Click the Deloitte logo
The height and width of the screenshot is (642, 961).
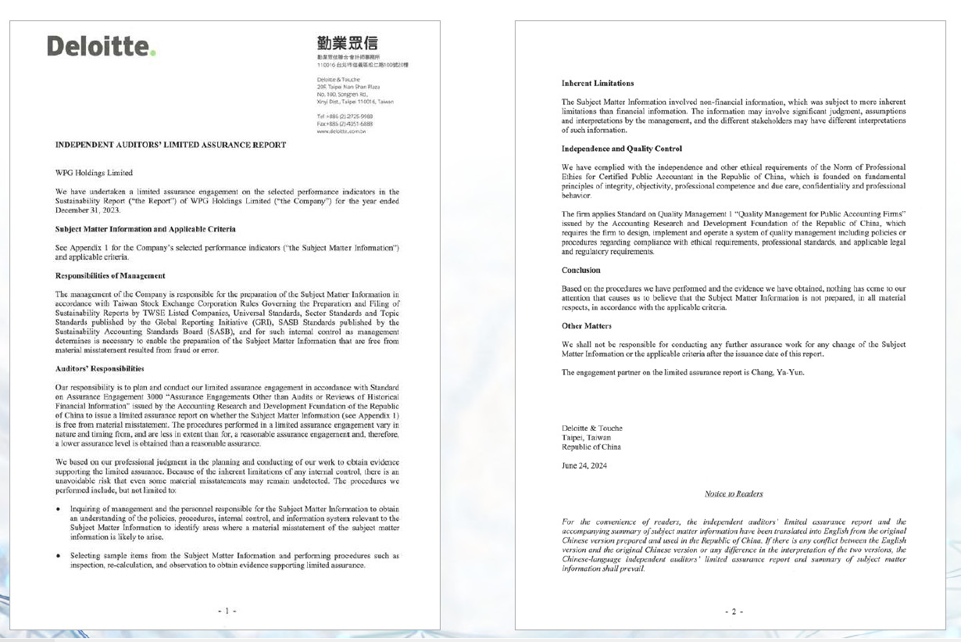(x=102, y=46)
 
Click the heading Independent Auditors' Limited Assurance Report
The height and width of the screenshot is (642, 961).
(x=170, y=145)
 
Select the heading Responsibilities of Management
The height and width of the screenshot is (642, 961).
(x=110, y=275)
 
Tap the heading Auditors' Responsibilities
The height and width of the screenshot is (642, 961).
(x=99, y=368)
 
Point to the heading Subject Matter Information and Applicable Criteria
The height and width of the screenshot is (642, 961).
(x=145, y=229)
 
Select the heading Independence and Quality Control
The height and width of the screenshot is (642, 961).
(x=622, y=149)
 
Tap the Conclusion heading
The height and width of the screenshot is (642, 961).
(x=581, y=270)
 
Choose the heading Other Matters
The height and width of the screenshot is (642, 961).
(x=587, y=325)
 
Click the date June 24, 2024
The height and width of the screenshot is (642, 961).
(x=584, y=465)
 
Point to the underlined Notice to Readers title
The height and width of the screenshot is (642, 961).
(x=734, y=493)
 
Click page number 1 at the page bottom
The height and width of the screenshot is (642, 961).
(x=227, y=611)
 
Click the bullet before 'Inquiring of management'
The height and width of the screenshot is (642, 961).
(x=59, y=509)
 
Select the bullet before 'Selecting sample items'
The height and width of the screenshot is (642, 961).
(x=59, y=556)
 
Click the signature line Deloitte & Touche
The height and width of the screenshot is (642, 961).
(x=592, y=428)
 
